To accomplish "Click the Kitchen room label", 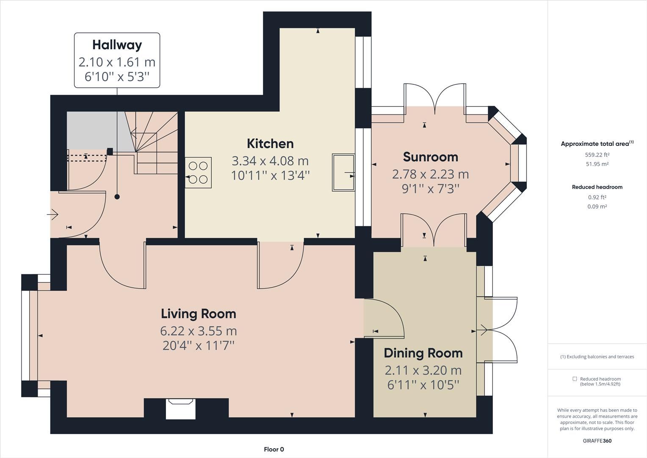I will click(x=270, y=144).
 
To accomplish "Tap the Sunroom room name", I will click(x=430, y=157).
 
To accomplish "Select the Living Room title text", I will click(x=198, y=314).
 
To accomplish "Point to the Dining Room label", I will click(x=423, y=353).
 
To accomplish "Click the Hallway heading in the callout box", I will click(x=117, y=45).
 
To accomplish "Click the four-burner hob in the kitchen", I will click(x=198, y=173).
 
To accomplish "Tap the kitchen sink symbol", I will click(x=343, y=173).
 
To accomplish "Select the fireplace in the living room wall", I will click(x=180, y=408).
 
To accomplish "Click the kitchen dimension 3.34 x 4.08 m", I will click(x=270, y=161).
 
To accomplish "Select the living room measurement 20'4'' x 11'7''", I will click(x=198, y=346).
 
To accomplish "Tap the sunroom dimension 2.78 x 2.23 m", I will click(x=430, y=174).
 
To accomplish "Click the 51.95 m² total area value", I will click(x=597, y=164).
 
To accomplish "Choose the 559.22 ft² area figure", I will click(x=597, y=155).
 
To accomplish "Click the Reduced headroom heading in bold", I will click(x=597, y=187).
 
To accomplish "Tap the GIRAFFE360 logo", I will click(x=597, y=441).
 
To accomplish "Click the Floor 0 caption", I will click(x=274, y=450).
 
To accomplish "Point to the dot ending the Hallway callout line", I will click(x=117, y=197).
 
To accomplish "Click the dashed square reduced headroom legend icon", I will click(x=575, y=379).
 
